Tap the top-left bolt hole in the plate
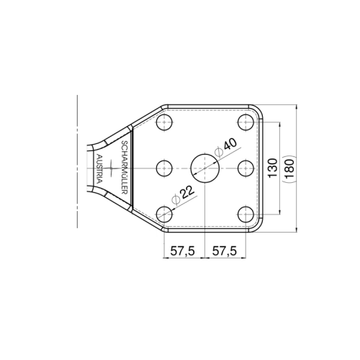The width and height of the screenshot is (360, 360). coord(165,122)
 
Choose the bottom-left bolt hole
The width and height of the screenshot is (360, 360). coord(165,213)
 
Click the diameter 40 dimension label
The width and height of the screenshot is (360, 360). coord(225,146)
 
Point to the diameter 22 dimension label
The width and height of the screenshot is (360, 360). coord(183,195)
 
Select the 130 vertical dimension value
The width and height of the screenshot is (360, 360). coord(273,168)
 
